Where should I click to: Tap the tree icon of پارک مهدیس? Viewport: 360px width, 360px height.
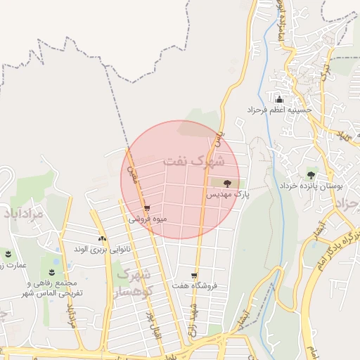(215, 183)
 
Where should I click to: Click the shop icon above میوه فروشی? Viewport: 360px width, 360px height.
(147, 208)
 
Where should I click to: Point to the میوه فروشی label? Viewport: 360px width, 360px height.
(148, 219)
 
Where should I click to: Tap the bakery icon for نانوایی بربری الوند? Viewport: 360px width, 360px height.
(103, 239)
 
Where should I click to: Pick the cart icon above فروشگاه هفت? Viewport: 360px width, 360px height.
(194, 276)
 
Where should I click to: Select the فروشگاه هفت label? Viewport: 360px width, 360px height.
(196, 285)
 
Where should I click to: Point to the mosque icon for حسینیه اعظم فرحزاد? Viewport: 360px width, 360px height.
(279, 100)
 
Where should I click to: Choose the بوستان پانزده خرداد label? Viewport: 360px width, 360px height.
(319, 187)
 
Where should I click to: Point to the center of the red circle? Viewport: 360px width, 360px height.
(180, 180)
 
